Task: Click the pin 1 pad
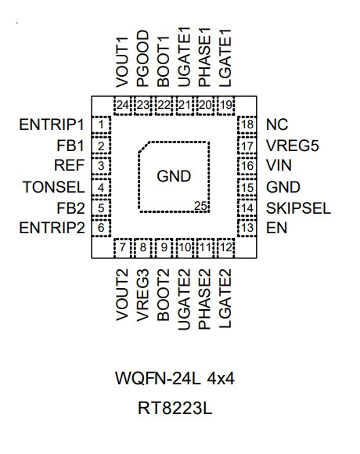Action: [101, 125]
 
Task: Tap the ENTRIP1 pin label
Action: [52, 124]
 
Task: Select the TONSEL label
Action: [54, 187]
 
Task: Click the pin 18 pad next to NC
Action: [247, 125]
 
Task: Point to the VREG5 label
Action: [293, 146]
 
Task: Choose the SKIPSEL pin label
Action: [298, 208]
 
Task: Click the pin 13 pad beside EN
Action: [247, 228]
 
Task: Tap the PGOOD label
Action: [142, 59]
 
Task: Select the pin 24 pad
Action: [123, 106]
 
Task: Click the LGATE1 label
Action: [225, 58]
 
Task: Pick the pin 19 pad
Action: [226, 106]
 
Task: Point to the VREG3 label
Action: [142, 295]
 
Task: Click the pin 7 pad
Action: [123, 248]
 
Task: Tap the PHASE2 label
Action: [204, 299]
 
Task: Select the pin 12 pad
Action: [226, 248]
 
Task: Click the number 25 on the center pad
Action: [200, 206]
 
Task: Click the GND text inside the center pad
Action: [174, 176]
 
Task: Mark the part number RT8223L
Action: [175, 409]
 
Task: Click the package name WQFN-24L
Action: [158, 378]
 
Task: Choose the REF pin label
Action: [69, 165]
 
